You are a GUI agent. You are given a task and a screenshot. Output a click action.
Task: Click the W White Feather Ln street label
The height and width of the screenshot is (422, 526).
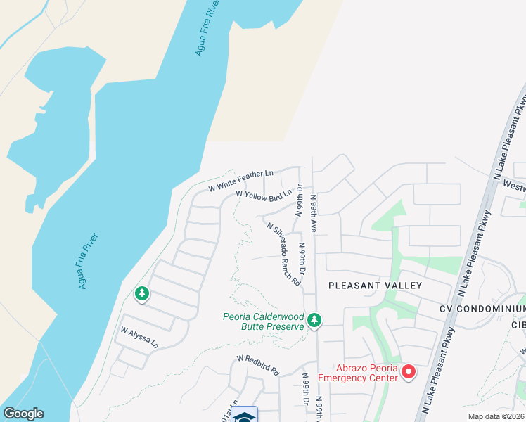(241, 180)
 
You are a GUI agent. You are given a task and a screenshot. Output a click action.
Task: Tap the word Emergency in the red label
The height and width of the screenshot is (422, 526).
(345, 378)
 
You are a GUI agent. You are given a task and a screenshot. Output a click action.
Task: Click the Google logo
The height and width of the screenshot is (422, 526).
(23, 414)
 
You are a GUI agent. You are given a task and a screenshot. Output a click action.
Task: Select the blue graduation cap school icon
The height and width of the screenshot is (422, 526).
(245, 416)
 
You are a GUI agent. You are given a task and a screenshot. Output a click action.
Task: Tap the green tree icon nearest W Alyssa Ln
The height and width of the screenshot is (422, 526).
(143, 293)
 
